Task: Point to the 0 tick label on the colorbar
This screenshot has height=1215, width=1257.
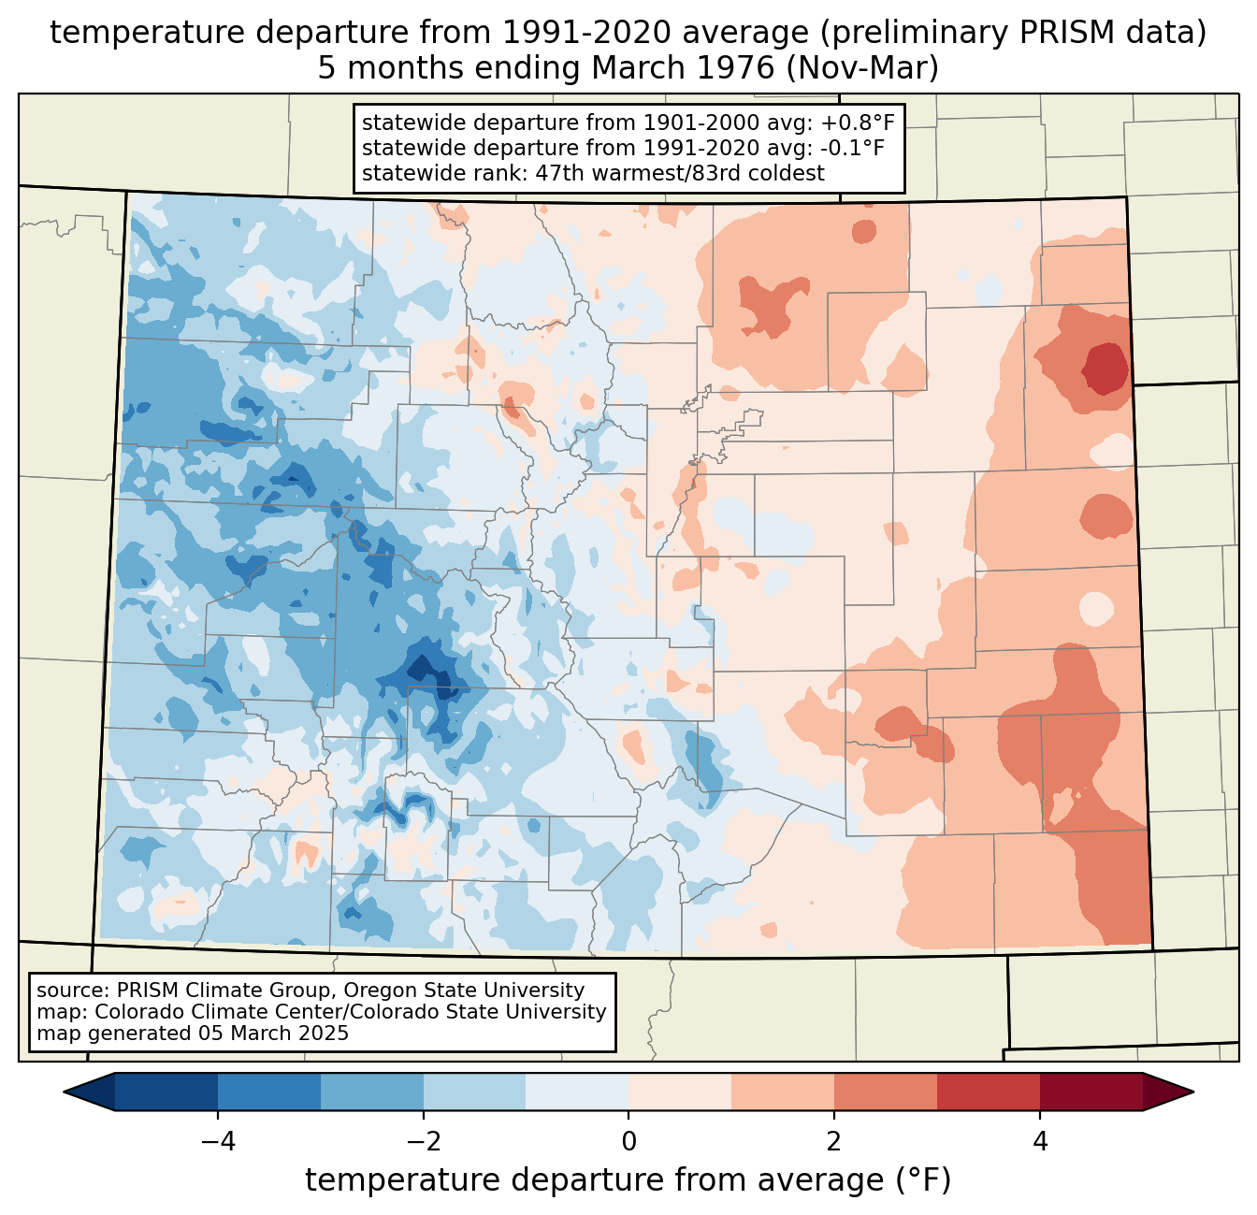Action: pyautogui.click(x=628, y=1141)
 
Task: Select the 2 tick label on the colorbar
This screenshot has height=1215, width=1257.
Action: pyautogui.click(x=834, y=1141)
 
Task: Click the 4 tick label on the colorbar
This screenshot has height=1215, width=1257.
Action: pyautogui.click(x=1040, y=1141)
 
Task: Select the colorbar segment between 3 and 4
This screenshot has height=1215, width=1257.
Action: pyautogui.click(x=989, y=1092)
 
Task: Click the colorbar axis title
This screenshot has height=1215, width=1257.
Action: pyautogui.click(x=628, y=1180)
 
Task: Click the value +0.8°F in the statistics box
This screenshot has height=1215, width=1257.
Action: pyautogui.click(x=858, y=123)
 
